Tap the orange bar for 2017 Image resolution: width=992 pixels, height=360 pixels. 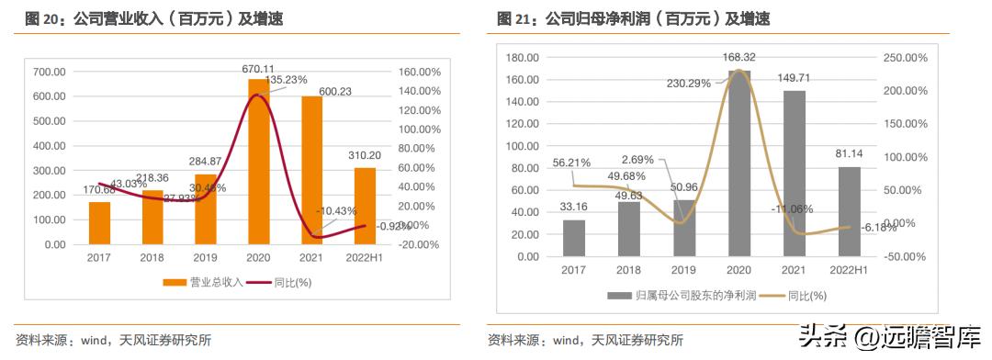click(99, 223)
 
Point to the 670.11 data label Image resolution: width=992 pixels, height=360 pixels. click(260, 69)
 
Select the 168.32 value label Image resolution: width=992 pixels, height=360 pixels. click(738, 57)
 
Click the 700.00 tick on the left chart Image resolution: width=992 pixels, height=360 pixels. click(49, 72)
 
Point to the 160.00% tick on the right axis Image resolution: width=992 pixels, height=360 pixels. click(418, 72)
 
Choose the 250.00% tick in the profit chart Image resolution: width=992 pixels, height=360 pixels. click(904, 58)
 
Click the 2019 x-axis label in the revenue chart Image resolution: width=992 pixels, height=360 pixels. click(205, 258)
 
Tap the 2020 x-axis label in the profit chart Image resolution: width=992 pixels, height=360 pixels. click(738, 269)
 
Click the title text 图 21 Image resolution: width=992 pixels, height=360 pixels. click(516, 18)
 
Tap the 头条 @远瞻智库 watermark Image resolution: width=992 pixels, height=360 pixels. click(881, 337)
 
